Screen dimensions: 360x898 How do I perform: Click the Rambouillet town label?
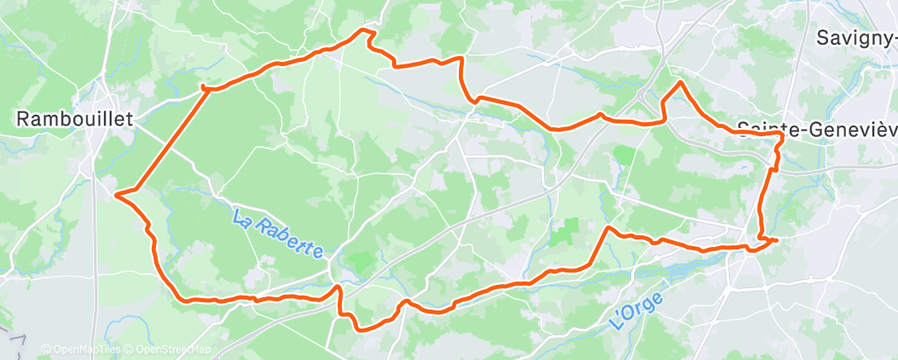click(75, 120)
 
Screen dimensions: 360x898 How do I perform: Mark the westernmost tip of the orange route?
click(116, 195)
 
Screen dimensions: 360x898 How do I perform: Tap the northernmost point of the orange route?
click(363, 31)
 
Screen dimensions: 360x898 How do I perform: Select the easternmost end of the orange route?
click(776, 239)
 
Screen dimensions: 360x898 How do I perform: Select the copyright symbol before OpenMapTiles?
click(46, 350)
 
